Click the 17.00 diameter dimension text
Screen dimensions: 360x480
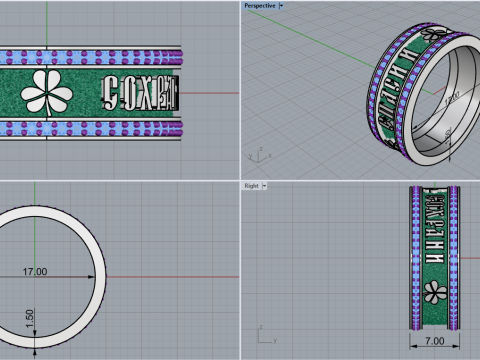36,271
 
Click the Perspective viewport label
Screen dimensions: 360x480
260,5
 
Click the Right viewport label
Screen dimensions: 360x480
251,186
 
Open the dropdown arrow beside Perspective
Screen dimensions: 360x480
282,5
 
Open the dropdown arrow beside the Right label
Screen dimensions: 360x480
265,186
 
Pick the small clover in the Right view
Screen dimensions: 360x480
433,291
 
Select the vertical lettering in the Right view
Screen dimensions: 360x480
432,230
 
